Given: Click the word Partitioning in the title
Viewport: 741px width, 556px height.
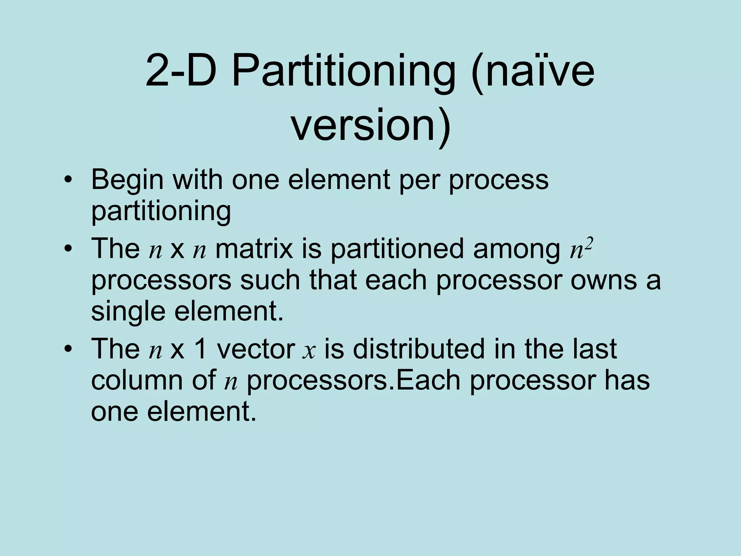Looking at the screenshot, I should (x=343, y=71).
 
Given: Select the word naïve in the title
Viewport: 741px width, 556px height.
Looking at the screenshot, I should (x=539, y=71).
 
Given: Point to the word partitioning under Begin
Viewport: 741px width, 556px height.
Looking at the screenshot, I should (x=161, y=211).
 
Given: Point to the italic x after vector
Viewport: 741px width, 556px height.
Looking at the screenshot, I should (x=309, y=350).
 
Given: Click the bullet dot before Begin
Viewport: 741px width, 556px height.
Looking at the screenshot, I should (x=67, y=180).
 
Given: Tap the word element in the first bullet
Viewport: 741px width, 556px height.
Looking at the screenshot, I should (x=339, y=180).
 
